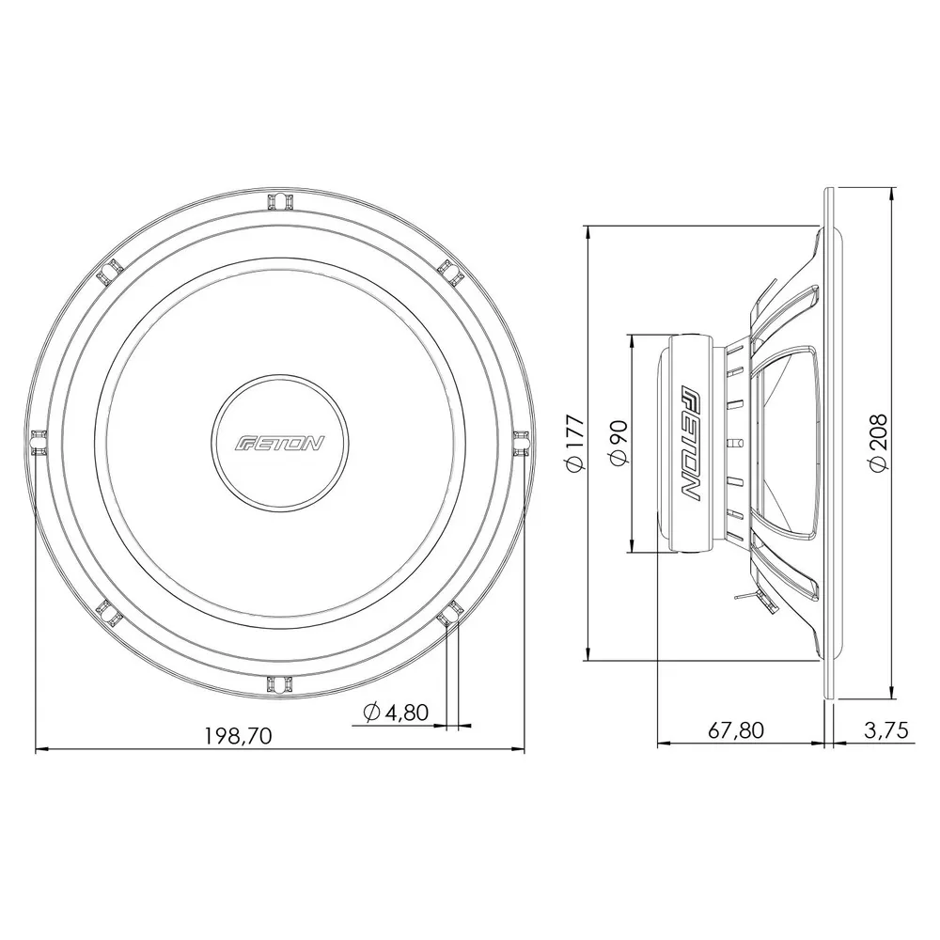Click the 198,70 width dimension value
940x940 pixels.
pyautogui.click(x=238, y=736)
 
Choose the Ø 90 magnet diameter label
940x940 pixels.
pyautogui.click(x=619, y=443)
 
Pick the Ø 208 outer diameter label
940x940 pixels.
pyautogui.click(x=876, y=443)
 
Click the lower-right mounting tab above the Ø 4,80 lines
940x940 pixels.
pyautogui.click(x=449, y=612)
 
